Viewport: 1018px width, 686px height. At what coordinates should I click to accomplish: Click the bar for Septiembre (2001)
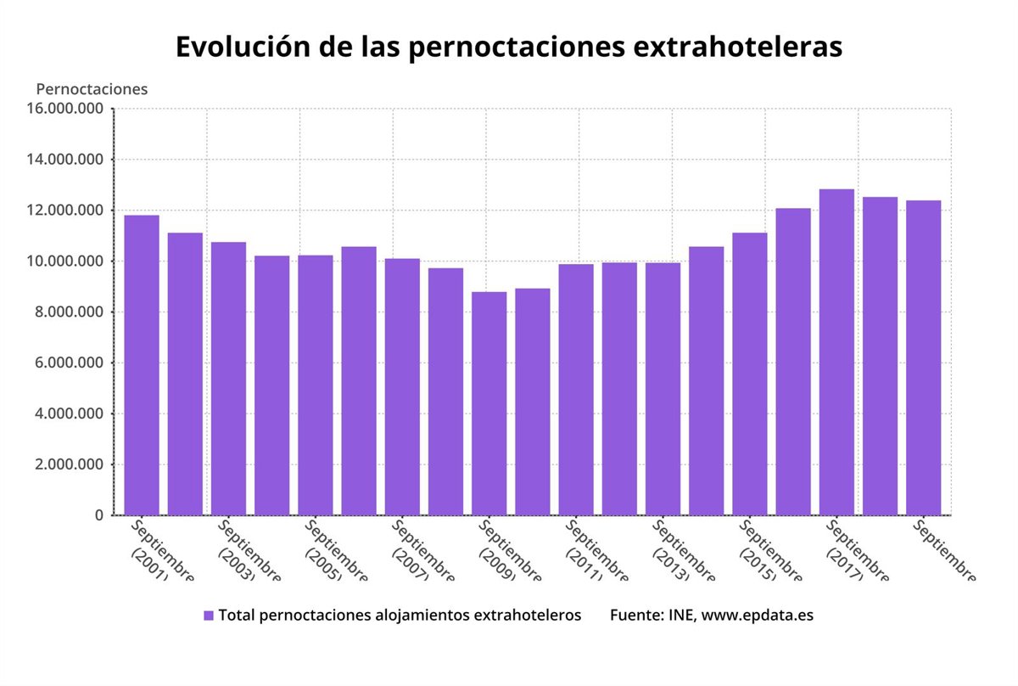point(142,365)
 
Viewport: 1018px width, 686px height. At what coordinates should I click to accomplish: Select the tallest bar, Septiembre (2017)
point(836,352)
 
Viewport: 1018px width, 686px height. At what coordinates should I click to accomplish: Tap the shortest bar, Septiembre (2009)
point(489,403)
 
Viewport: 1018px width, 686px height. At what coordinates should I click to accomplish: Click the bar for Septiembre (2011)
point(576,390)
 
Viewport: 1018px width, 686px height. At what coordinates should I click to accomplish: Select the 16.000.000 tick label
point(65,109)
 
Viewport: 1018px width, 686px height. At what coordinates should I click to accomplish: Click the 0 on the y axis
point(99,515)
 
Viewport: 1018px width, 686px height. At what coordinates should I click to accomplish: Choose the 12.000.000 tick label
point(65,211)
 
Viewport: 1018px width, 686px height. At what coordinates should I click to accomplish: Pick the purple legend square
point(209,616)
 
